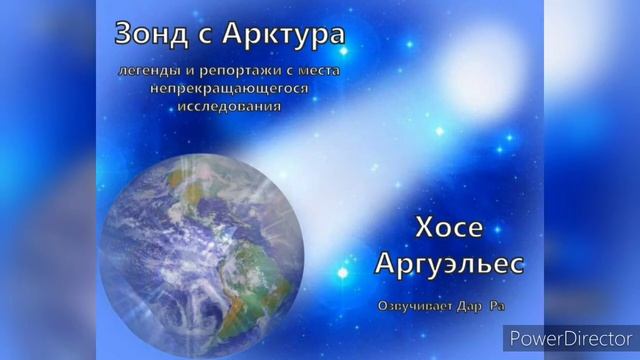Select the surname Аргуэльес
click(x=448, y=264)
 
